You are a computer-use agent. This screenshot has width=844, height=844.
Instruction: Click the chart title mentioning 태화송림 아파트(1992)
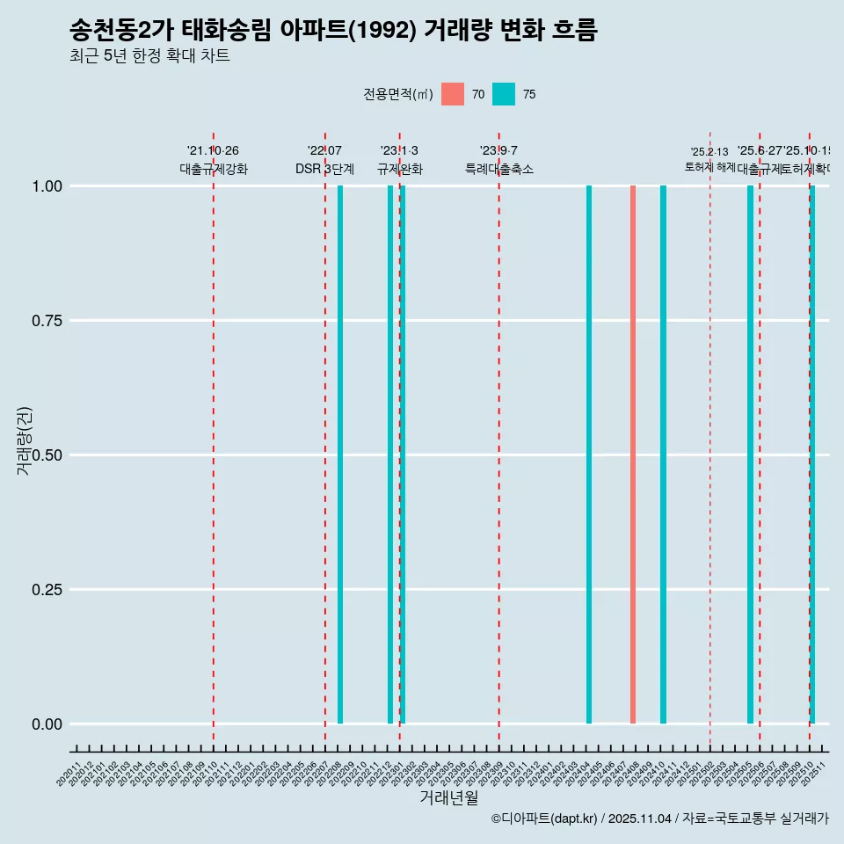tap(333, 31)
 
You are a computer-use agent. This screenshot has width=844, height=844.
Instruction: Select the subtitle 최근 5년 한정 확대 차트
tap(149, 57)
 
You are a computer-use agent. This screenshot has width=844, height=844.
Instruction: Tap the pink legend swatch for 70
tap(453, 94)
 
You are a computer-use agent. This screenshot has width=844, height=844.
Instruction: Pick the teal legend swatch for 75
tap(504, 94)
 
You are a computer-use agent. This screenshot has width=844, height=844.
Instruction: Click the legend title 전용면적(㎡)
tap(397, 94)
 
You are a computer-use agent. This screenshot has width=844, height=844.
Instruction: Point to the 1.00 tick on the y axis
tap(46, 186)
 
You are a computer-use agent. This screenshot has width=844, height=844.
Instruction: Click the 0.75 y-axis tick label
tap(46, 321)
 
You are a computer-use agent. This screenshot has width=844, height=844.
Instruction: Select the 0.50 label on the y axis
tap(46, 455)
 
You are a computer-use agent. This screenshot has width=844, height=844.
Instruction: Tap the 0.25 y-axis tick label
tap(46, 590)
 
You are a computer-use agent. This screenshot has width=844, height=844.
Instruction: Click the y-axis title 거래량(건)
tap(24, 440)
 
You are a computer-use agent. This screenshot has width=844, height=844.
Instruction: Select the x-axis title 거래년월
tap(449, 797)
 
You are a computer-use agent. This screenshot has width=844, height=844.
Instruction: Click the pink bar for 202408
tap(633, 455)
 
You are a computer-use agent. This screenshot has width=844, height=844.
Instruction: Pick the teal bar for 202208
tap(340, 455)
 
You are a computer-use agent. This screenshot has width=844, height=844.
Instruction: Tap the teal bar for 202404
tap(589, 455)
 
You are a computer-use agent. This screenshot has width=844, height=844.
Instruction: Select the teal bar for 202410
tap(663, 455)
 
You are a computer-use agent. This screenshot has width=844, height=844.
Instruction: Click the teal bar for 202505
tap(750, 455)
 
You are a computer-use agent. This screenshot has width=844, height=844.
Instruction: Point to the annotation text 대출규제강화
tap(214, 169)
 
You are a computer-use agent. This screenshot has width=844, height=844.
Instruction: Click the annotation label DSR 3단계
tap(324, 169)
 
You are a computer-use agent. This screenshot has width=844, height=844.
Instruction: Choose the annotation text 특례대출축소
tap(499, 169)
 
